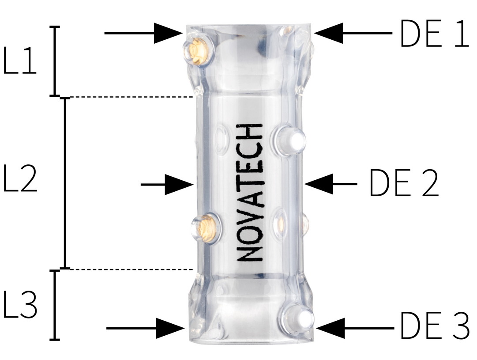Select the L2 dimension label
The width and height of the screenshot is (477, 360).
tap(20, 178)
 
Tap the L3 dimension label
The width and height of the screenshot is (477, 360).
tap(20, 305)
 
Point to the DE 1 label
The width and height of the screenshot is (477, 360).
tap(434, 34)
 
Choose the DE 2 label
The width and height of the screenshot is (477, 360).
tap(403, 184)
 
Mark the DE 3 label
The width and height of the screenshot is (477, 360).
tap(434, 326)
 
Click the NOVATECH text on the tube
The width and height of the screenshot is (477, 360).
tap(250, 193)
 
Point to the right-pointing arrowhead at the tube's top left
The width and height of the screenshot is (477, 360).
tap(168, 33)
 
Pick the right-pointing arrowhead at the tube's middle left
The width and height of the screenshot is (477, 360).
tap(178, 184)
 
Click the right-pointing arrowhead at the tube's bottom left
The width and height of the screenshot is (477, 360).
tap(170, 328)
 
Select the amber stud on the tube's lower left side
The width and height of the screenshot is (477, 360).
tap(205, 227)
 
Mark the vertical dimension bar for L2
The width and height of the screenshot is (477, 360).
tap(65, 183)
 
